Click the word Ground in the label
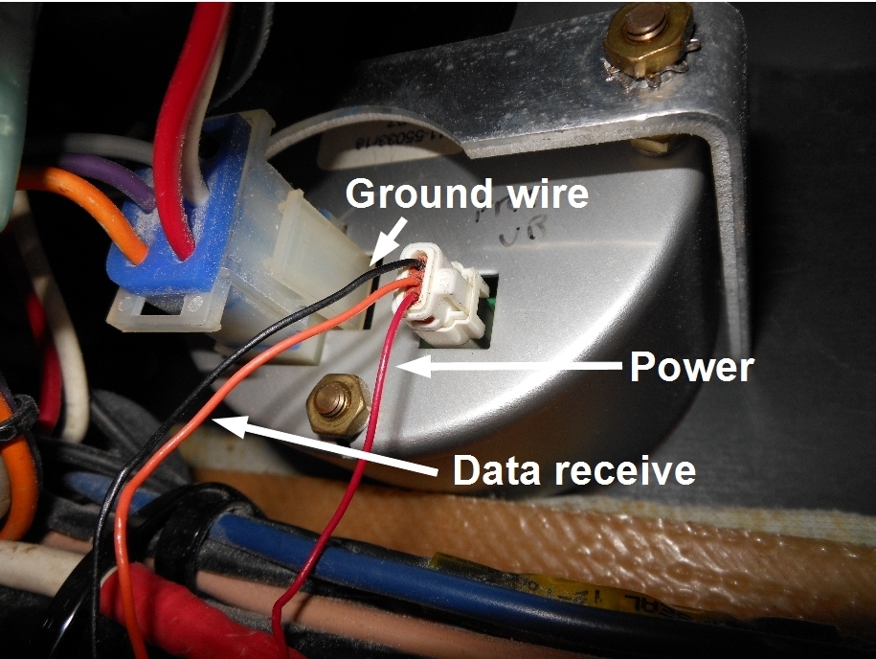pyautogui.click(x=408, y=195)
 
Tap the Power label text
pyautogui.click(x=691, y=367)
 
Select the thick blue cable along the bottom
pyautogui.click(x=402, y=560)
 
